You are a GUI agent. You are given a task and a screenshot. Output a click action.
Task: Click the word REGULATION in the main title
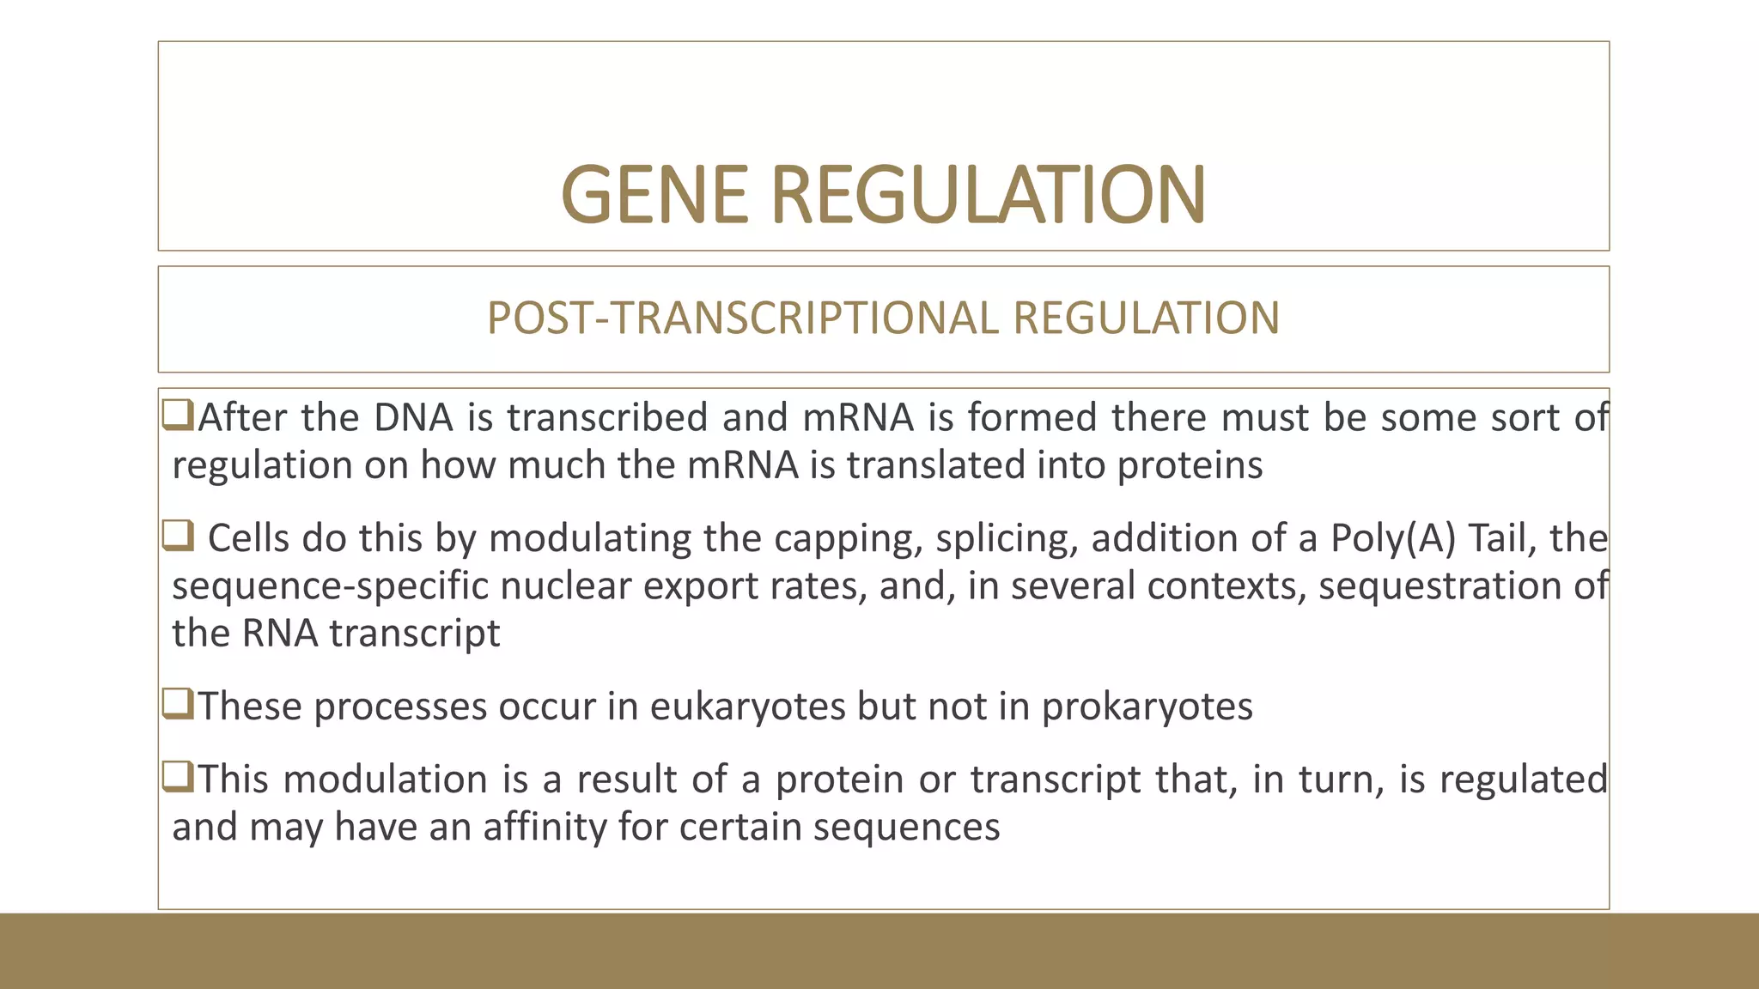click(988, 195)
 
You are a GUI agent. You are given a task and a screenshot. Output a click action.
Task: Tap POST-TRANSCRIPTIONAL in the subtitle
click(740, 318)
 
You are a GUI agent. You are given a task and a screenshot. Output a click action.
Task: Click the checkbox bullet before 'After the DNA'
click(178, 416)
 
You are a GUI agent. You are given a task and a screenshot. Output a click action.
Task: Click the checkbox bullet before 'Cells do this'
click(178, 537)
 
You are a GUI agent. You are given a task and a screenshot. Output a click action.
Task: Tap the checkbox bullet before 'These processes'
click(178, 704)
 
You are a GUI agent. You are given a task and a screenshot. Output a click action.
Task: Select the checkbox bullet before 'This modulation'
click(178, 777)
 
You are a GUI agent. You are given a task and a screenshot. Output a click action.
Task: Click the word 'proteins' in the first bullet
click(1190, 466)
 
